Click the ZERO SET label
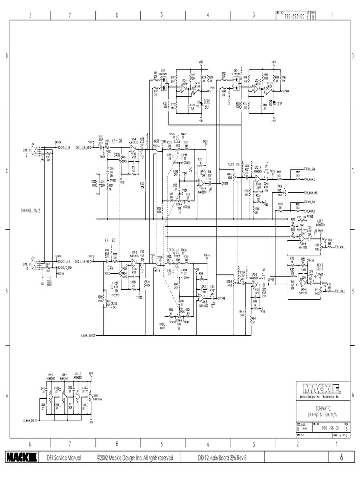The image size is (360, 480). point(207,104)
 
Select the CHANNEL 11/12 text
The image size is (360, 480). point(33,211)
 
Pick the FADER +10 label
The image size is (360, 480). point(233,165)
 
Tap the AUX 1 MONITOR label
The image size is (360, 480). point(320,223)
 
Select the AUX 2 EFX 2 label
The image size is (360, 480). point(320,265)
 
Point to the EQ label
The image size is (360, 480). point(191,168)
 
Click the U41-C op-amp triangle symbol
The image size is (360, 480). point(90,394)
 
